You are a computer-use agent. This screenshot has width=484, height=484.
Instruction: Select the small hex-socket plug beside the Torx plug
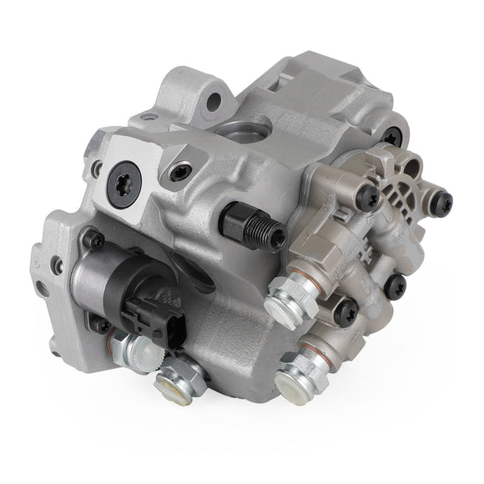tap(177, 173)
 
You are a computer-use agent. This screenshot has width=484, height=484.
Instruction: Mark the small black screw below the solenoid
tap(102, 325)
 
